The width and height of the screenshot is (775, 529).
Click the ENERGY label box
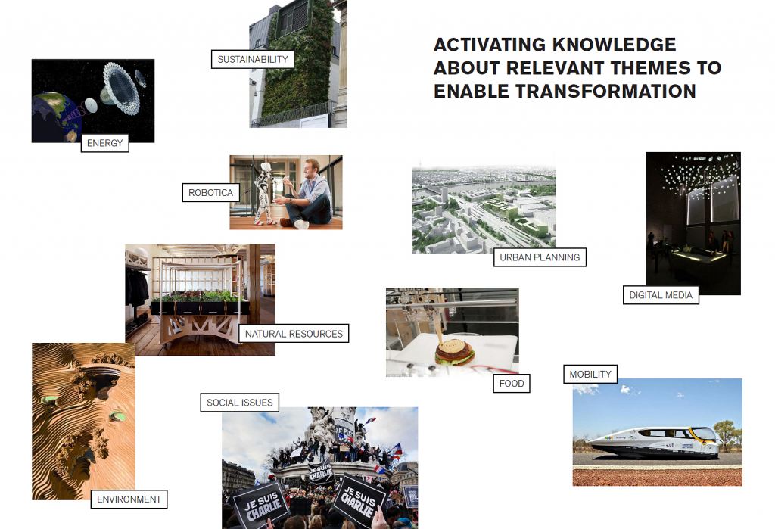pyautogui.click(x=104, y=143)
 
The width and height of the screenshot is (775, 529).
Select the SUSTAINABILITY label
pyautogui.click(x=253, y=59)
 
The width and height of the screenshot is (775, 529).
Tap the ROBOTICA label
pyautogui.click(x=210, y=193)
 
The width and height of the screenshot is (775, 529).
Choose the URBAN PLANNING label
pyautogui.click(x=540, y=257)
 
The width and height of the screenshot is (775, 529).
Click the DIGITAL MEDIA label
pyautogui.click(x=661, y=295)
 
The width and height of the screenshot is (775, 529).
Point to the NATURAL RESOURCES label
pyautogui.click(x=294, y=334)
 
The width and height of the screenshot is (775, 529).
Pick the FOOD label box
pyautogui.click(x=512, y=384)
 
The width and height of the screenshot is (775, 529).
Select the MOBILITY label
pyautogui.click(x=590, y=375)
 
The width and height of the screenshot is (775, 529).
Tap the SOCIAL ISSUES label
pyautogui.click(x=240, y=403)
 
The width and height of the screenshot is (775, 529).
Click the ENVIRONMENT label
pyautogui.click(x=129, y=499)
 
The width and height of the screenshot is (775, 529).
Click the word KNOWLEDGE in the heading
pyautogui.click(x=614, y=45)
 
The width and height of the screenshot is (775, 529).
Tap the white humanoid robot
pyautogui.click(x=264, y=193)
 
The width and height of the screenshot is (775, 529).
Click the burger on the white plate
pyautogui.click(x=454, y=351)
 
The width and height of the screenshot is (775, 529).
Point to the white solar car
pyautogui.click(x=654, y=442)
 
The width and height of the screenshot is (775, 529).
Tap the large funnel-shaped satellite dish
pyautogui.click(x=120, y=89)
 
